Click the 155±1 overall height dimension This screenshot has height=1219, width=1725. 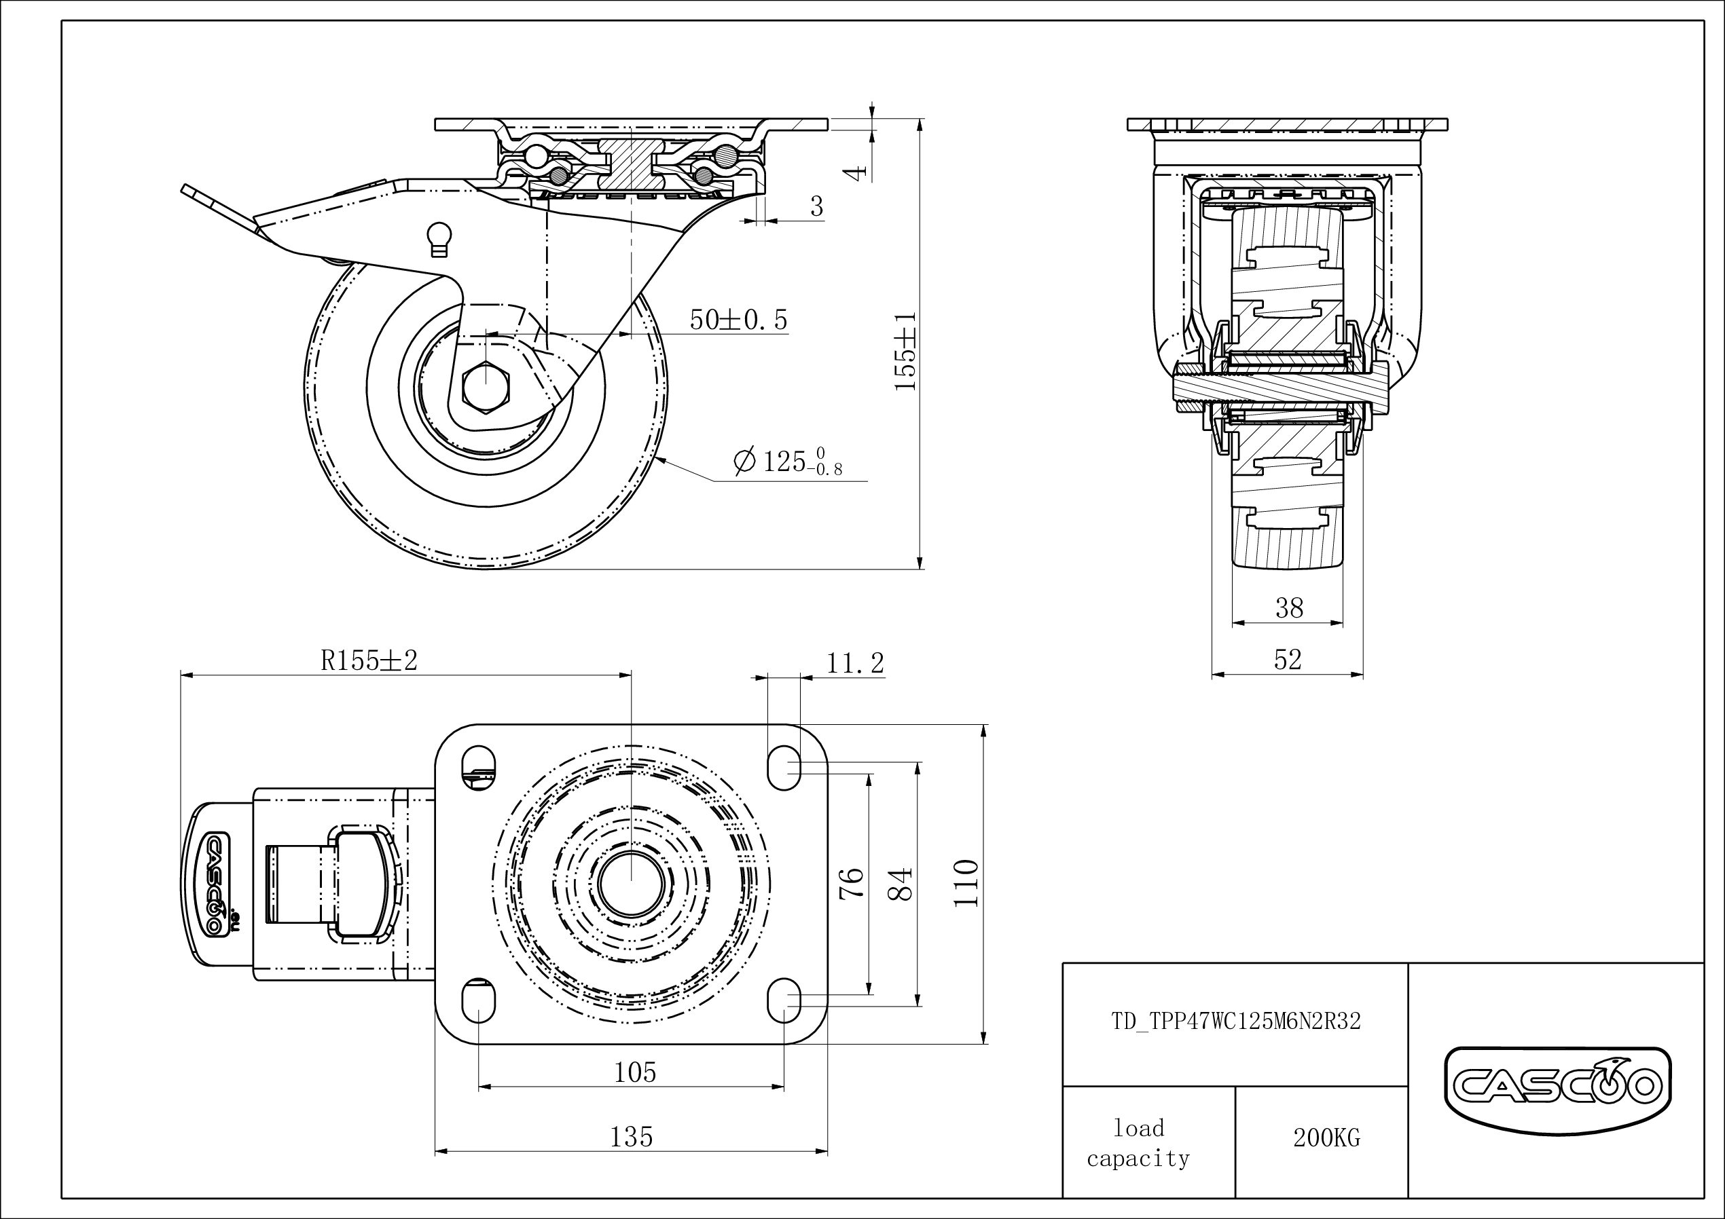(x=906, y=351)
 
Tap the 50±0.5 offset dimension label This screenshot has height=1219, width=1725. (x=738, y=320)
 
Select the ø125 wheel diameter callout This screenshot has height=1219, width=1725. (x=788, y=460)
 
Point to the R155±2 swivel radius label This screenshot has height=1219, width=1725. (x=369, y=660)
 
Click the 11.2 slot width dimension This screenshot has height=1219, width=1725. (x=855, y=663)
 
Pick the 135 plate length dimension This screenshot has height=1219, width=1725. (x=631, y=1137)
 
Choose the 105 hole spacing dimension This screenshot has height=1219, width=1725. (x=635, y=1072)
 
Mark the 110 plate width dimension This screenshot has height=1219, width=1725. (x=966, y=883)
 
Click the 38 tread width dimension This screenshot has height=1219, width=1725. (x=1289, y=607)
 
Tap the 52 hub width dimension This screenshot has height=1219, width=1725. (x=1288, y=660)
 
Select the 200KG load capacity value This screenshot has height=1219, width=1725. (x=1327, y=1138)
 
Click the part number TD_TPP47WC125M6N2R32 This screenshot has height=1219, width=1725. (x=1236, y=1021)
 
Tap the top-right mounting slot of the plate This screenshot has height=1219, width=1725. (x=784, y=768)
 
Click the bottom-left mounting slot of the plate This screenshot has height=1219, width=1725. (x=479, y=1001)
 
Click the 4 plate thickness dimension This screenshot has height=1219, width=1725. (x=856, y=173)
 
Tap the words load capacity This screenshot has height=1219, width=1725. (x=1138, y=1142)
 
